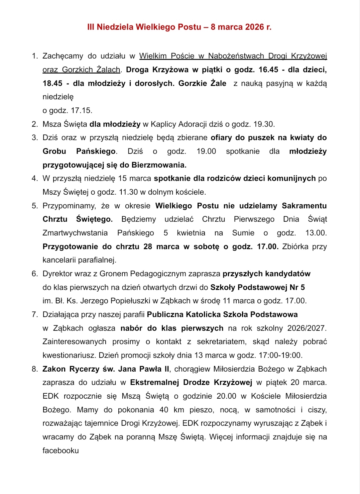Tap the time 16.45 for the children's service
point(268,70)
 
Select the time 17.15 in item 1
point(82,110)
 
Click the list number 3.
point(35,137)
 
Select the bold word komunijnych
point(291,178)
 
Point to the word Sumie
point(243,233)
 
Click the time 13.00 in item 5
point(316,233)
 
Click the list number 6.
point(35,274)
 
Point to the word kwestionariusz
point(69,355)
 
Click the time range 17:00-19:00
point(280,355)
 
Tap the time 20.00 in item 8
point(226,396)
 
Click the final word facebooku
point(61,451)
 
